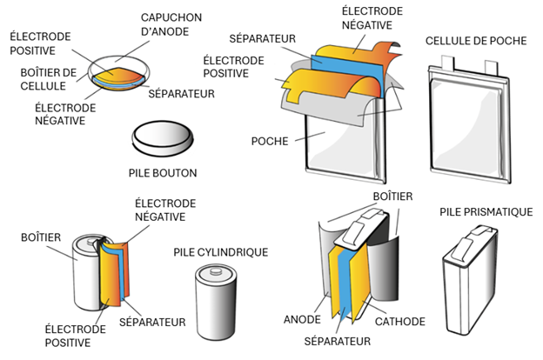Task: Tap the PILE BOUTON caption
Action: (x=162, y=172)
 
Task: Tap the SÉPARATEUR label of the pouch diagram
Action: (x=260, y=39)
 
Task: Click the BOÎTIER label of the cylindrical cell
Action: (x=40, y=236)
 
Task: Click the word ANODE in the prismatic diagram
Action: (x=302, y=320)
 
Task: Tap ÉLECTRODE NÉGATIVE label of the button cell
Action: (x=60, y=114)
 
